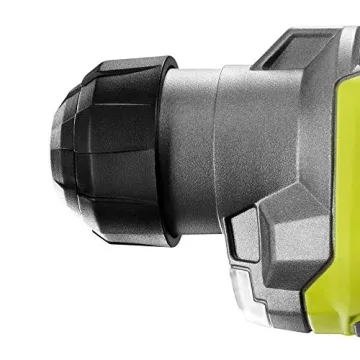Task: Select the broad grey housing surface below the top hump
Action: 280,140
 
